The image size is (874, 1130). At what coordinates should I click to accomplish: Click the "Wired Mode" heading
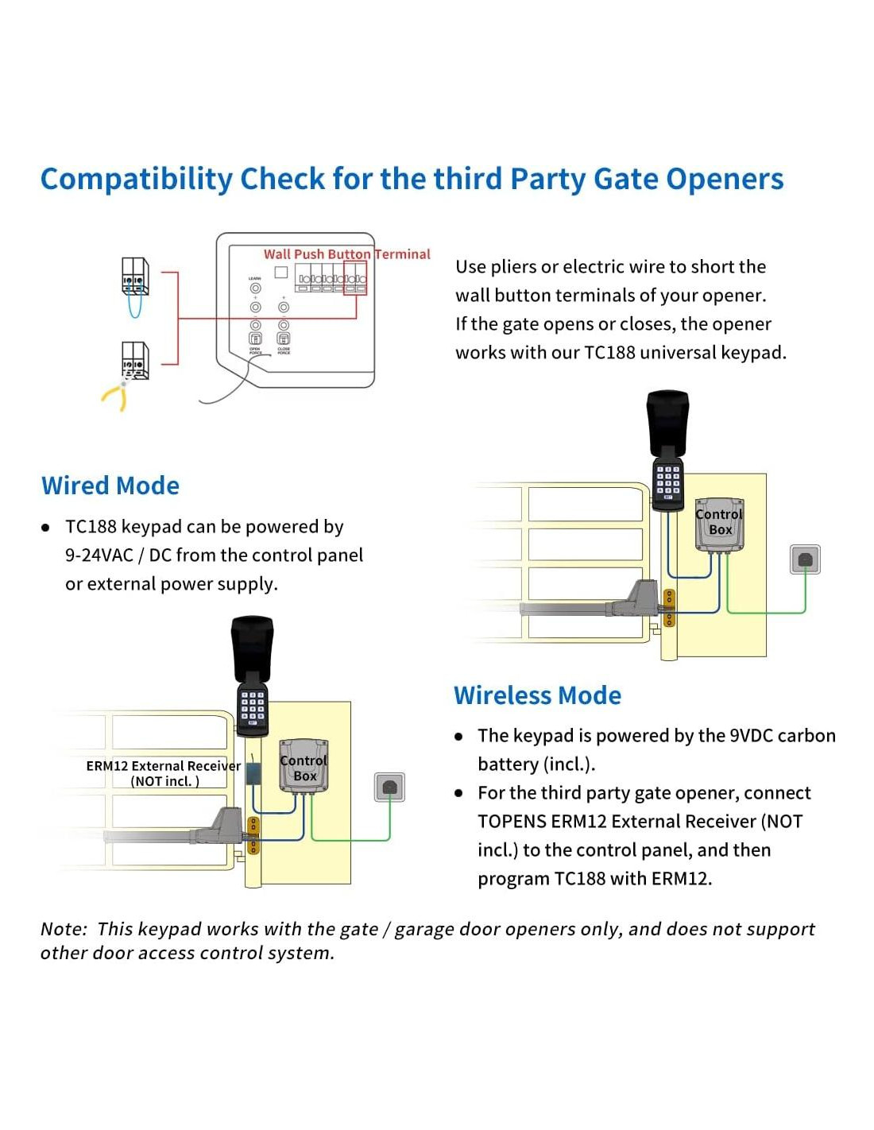point(110,486)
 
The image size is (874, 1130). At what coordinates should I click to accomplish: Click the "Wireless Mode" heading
point(537,695)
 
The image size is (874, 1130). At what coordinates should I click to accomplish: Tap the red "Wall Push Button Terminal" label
point(346,254)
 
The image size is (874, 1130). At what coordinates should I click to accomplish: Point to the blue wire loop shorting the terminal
point(134,306)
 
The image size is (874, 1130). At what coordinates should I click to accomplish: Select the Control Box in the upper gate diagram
point(720,523)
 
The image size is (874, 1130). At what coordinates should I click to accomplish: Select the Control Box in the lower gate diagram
point(304,767)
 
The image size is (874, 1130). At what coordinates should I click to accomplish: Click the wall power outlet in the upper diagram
point(805,559)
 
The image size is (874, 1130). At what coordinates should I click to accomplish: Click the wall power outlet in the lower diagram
point(389,787)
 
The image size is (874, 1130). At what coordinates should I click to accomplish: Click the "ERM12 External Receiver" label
point(163,766)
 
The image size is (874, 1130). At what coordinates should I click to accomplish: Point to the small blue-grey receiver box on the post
point(253,773)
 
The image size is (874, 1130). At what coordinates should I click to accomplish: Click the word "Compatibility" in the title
point(136,180)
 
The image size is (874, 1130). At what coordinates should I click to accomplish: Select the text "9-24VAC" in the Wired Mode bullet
point(99,555)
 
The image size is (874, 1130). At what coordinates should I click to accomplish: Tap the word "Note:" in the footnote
point(64,930)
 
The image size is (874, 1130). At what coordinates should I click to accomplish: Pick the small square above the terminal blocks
point(280,272)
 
